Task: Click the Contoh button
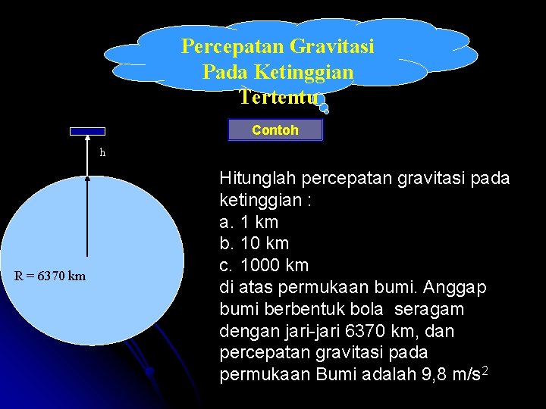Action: click(x=275, y=130)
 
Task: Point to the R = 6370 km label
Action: click(x=50, y=276)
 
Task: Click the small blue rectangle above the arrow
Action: click(x=87, y=131)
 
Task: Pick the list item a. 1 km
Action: click(x=249, y=222)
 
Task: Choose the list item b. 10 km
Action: click(x=254, y=244)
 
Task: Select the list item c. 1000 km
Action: click(x=264, y=266)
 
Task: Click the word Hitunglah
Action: click(x=257, y=179)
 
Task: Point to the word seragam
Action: click(x=430, y=310)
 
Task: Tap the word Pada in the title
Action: click(x=224, y=73)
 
